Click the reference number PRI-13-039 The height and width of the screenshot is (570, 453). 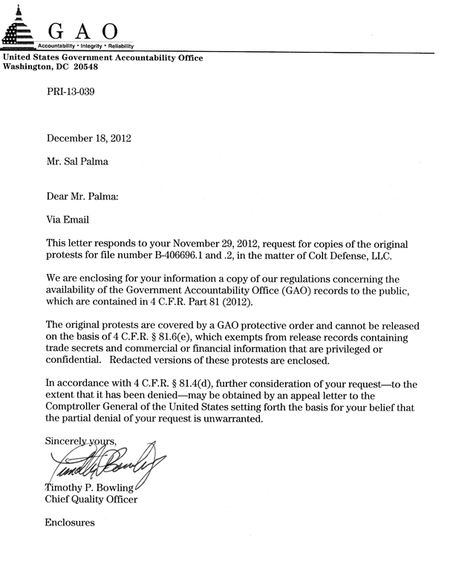(x=71, y=92)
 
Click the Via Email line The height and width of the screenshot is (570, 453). (x=71, y=219)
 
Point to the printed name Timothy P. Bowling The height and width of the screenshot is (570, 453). (x=91, y=487)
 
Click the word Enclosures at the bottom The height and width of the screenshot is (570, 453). (x=70, y=522)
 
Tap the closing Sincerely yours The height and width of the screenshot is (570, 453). (x=77, y=441)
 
